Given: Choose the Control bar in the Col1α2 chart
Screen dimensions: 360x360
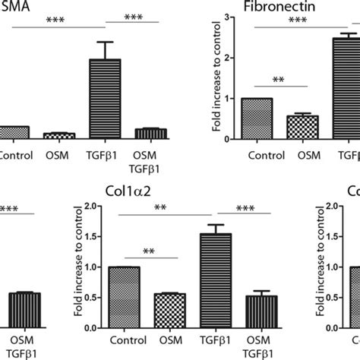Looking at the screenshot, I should (x=124, y=297).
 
